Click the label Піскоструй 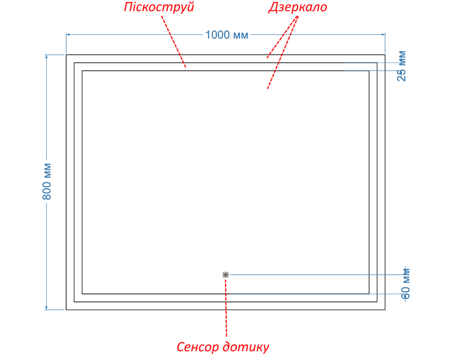159,7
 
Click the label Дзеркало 298,7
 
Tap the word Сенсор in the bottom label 197,347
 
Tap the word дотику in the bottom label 246,347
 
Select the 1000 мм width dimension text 227,35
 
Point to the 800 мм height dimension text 46,181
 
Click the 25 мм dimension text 402,66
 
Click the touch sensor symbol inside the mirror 226,275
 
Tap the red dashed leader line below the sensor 226,308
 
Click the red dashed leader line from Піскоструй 173,41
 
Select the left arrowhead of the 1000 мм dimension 68,34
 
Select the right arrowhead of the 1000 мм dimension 383,34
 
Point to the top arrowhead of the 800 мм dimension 46,56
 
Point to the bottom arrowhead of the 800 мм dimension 46,308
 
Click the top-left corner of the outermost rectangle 66,55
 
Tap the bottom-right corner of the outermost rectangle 385,310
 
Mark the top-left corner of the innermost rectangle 82,71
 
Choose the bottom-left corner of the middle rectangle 74,302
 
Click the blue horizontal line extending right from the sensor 317,275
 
